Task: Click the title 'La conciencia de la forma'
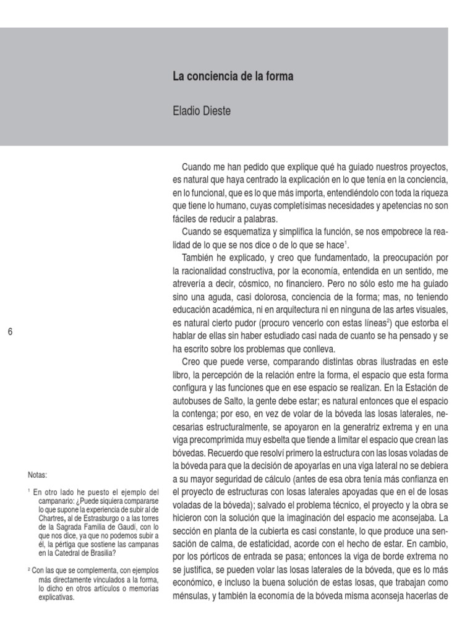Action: coord(233,77)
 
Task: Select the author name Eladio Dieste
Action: coord(202,112)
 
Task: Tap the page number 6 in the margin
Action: coord(10,332)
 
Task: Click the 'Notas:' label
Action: coord(37,475)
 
